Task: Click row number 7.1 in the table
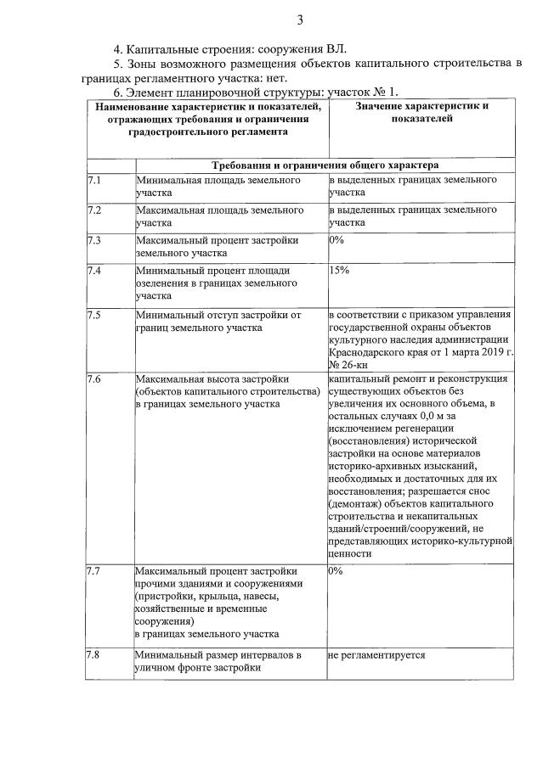click(94, 181)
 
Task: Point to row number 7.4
click(94, 271)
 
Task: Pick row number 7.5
click(94, 315)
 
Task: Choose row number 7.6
click(94, 378)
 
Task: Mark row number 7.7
click(94, 571)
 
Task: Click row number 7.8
click(94, 656)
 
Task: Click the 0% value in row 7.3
click(336, 240)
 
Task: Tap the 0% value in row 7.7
click(336, 571)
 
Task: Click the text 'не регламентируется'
click(376, 656)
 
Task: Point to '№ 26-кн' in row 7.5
click(350, 363)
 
